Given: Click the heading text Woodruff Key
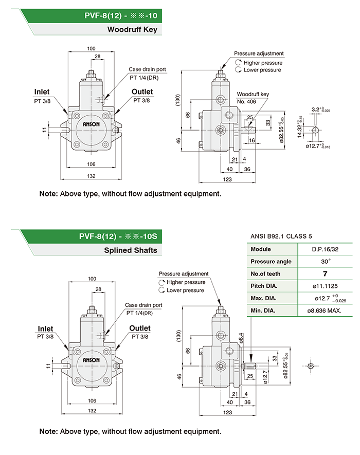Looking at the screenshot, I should point(132,30).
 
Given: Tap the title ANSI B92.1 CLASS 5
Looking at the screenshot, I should point(281,236).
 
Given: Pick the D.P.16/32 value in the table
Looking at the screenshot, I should point(324,249).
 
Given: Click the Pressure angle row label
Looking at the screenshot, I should point(271,262).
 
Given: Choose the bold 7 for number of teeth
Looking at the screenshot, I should point(325,274).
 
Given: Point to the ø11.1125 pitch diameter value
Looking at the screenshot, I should point(324,286).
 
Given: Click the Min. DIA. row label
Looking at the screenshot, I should point(263,311).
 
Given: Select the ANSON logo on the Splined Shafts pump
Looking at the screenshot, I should point(91,360).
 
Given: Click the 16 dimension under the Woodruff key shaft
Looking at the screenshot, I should point(252,140).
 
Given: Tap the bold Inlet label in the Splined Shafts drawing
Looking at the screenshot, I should point(45,329).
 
